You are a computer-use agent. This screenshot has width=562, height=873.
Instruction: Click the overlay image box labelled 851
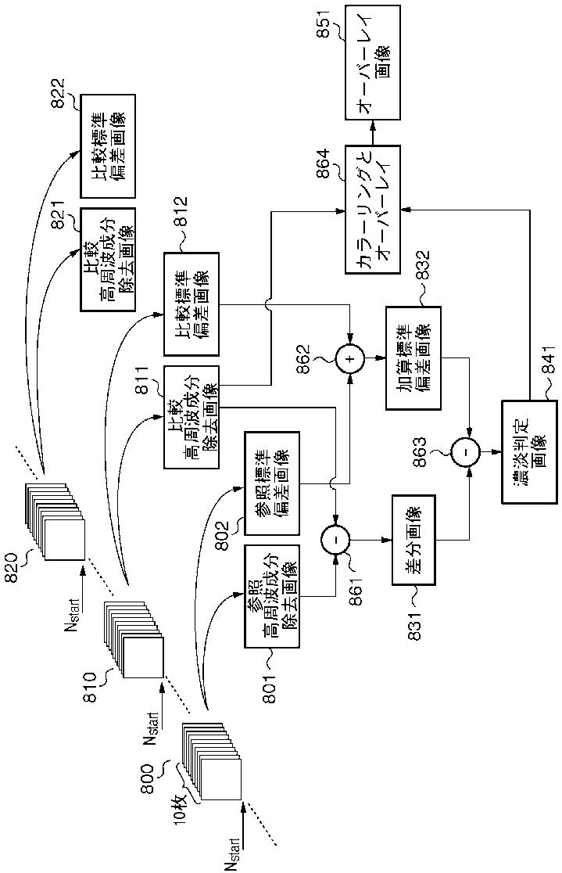pos(372,62)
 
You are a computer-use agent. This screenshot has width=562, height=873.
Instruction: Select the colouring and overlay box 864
pos(372,210)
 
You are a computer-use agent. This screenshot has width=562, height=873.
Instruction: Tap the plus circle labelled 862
pos(349,359)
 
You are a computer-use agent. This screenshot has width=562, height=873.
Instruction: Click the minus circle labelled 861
pos(335,539)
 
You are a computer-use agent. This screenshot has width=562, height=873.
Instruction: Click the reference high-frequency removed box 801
pos(272,596)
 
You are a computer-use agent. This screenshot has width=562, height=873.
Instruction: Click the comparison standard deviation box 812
pos(192,304)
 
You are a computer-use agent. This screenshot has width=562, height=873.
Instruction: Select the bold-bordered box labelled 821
pos(108,260)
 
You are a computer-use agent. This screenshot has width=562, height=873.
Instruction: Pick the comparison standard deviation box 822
pos(108,146)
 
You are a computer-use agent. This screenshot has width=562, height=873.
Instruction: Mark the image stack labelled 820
pos(55,522)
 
